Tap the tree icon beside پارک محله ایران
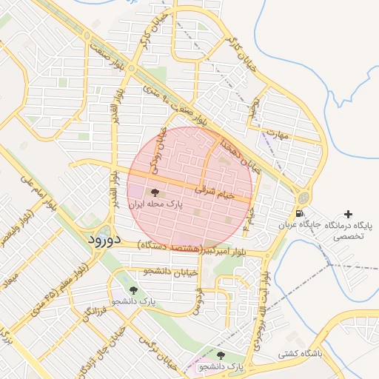(154, 192)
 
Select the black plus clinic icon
(349, 213)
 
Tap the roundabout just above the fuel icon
(303, 198)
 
